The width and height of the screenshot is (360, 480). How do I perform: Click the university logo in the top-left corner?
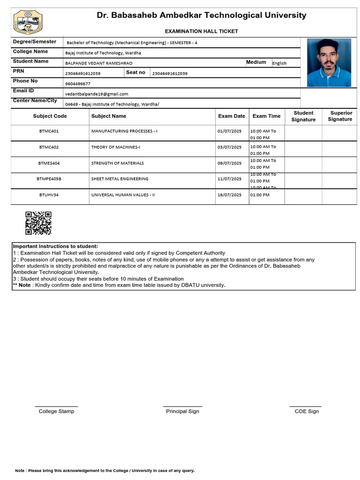23,23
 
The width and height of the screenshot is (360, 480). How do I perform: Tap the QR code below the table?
38,223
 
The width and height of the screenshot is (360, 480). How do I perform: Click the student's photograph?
329,62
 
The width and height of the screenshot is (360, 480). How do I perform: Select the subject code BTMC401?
49,131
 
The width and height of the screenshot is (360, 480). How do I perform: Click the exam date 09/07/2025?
230,164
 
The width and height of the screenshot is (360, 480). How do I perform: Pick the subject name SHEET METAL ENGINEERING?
120,179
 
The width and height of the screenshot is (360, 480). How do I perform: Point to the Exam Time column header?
266,116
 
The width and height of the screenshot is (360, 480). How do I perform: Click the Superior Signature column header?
339,116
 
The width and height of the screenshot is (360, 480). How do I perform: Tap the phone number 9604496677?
78,84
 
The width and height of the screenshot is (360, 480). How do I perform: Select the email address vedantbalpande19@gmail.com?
97,94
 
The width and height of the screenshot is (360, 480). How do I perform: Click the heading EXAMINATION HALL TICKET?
201,31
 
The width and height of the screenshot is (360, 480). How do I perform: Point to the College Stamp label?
56,412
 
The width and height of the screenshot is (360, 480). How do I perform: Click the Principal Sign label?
182,412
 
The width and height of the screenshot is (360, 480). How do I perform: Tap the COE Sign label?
307,412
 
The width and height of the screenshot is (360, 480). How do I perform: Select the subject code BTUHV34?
49,195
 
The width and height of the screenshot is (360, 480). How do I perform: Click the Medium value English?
279,63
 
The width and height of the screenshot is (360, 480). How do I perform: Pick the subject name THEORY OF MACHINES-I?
116,147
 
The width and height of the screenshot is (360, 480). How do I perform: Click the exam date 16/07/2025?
230,195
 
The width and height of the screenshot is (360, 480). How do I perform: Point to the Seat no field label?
135,73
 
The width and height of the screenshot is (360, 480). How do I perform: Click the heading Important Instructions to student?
55,247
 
